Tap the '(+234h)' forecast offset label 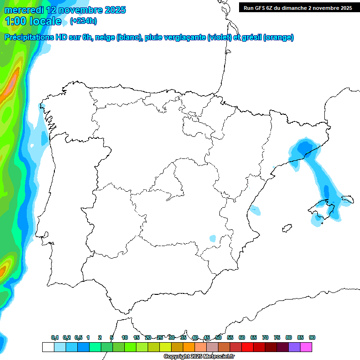(83, 21)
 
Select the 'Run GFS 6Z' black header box (298, 7)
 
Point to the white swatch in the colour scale (48, 347)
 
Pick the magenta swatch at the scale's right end (306, 347)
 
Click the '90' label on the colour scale (312, 337)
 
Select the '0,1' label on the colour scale (55, 337)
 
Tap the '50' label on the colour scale (218, 337)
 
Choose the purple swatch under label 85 (294, 347)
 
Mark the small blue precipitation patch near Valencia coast (255, 210)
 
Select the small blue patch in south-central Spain (213, 238)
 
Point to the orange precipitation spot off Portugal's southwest (4, 270)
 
